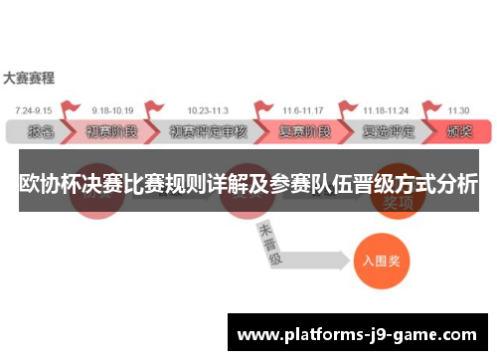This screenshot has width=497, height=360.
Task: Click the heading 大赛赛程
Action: point(29,77)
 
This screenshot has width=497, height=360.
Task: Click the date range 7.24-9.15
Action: point(34,109)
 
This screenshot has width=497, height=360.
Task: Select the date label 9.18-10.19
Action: point(112,109)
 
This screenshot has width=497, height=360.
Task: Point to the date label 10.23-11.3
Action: point(207,109)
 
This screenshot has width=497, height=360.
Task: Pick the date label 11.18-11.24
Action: point(386,109)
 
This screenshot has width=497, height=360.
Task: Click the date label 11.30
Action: point(458,109)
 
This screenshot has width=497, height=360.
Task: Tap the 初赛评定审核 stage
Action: point(208,130)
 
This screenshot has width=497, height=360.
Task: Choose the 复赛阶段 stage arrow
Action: point(302,130)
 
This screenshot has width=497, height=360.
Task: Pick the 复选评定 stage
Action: point(388,130)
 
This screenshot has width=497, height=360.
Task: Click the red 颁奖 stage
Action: point(459,130)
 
